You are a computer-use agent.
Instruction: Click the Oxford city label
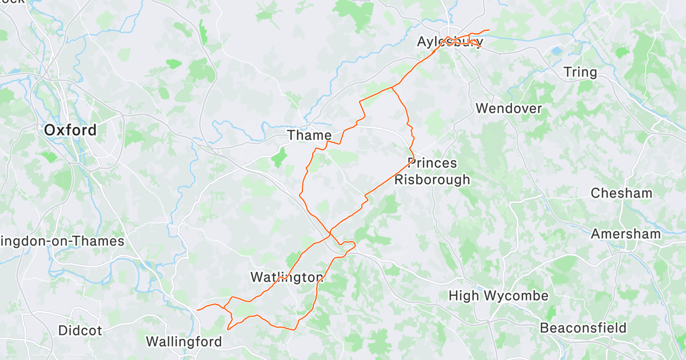pyautogui.click(x=70, y=130)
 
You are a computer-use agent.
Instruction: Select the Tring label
pyautogui.click(x=580, y=73)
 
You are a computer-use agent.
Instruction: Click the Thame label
pyautogui.click(x=309, y=135)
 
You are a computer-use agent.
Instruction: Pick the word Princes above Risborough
pyautogui.click(x=433, y=163)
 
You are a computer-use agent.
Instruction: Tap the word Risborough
pyautogui.click(x=432, y=179)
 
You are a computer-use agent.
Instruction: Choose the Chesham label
pyautogui.click(x=621, y=193)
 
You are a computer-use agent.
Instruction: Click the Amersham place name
pyautogui.click(x=625, y=234)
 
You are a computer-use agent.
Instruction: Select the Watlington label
pyautogui.click(x=287, y=278)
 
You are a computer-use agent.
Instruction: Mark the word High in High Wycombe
pyautogui.click(x=464, y=296)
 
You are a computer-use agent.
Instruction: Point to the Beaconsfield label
pyautogui.click(x=583, y=329)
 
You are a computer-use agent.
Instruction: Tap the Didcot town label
pyautogui.click(x=80, y=330)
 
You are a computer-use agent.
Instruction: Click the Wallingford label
pyautogui.click(x=184, y=342)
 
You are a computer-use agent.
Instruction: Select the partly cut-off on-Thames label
pyautogui.click(x=62, y=241)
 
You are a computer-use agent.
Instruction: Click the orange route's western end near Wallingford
pyautogui.click(x=197, y=310)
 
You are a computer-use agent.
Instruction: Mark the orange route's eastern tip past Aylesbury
pyautogui.click(x=489, y=30)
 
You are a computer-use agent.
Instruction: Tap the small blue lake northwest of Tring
pyautogui.click(x=556, y=51)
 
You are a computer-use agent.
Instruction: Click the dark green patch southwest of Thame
pyautogui.click(x=279, y=157)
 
